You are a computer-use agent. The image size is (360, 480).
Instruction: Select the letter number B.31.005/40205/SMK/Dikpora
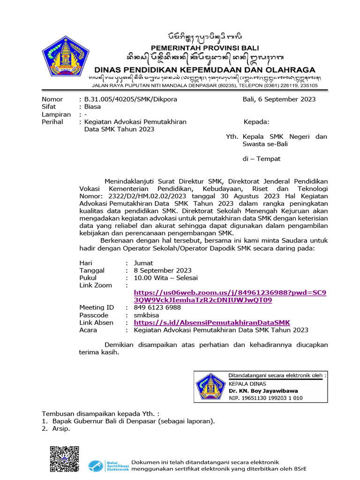coord(130,99)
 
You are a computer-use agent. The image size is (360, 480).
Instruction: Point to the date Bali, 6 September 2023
coord(279,99)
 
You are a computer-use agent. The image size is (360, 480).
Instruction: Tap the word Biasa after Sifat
coord(92,106)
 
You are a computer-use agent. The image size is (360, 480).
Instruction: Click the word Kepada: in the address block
coord(256,122)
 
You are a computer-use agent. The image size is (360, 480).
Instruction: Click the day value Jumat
coord(143,262)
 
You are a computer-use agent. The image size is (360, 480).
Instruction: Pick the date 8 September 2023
coord(163,270)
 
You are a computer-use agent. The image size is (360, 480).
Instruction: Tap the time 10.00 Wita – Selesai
coord(165,277)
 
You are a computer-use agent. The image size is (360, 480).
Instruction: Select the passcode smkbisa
coord(147,315)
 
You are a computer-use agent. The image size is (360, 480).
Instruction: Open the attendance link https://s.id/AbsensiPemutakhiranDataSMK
coord(212,322)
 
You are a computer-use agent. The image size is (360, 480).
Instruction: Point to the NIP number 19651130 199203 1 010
coord(265,398)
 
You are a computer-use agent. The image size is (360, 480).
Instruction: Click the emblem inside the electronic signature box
coord(210,387)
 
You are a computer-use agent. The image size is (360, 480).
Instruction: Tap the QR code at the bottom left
coord(64,459)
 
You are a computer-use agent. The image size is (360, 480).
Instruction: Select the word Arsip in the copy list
coord(61,428)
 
